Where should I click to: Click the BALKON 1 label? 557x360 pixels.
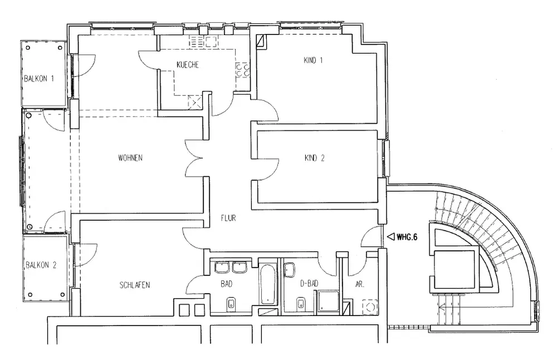38,79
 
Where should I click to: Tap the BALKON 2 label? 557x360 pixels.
40,265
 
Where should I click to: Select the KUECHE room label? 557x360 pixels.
187,65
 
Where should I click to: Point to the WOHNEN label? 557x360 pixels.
130,158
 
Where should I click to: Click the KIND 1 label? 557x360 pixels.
313,61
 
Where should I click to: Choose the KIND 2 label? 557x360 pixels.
314,158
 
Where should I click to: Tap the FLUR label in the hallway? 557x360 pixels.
228,218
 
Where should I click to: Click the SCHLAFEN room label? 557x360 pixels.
134,285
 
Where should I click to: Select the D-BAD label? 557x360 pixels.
309,284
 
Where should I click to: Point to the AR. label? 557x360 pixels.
360,284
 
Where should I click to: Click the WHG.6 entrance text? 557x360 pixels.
407,236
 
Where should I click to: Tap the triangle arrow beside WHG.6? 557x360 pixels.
390,236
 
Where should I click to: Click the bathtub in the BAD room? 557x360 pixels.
267,284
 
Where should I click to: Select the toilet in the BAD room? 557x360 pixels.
230,304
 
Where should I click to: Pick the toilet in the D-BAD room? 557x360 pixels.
301,304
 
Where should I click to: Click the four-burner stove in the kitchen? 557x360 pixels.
242,69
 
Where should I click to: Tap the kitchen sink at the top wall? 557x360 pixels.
198,41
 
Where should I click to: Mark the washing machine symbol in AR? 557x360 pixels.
369,307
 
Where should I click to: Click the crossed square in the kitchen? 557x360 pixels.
195,101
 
